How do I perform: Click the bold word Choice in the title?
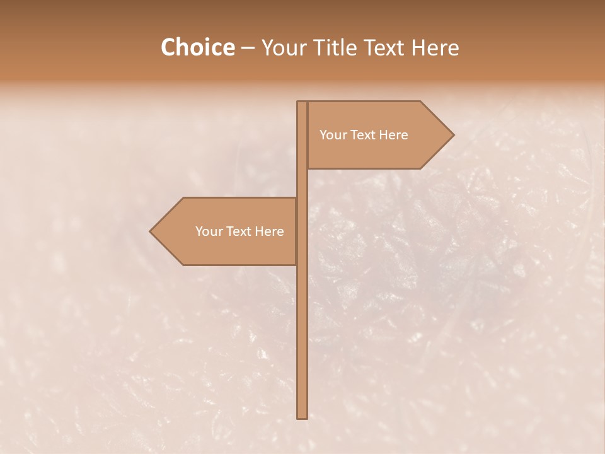(197, 48)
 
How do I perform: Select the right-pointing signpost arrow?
(378, 135)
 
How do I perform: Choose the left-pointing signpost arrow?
(227, 231)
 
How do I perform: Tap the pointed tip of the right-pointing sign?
(452, 135)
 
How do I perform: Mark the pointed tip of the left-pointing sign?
(151, 231)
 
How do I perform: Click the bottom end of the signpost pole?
(302, 416)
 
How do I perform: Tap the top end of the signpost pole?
(302, 103)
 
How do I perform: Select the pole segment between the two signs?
(302, 183)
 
